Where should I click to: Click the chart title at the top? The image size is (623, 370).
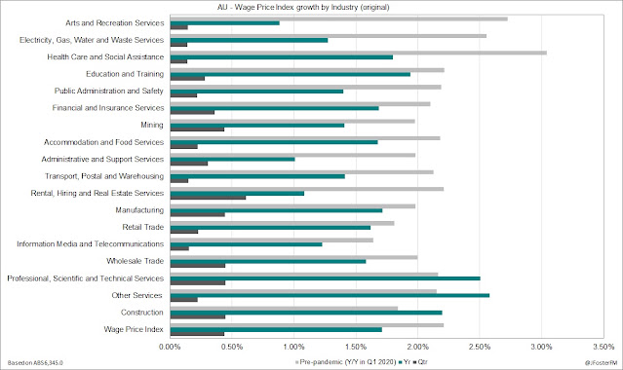[303, 7]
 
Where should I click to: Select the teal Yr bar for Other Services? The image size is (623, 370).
[330, 295]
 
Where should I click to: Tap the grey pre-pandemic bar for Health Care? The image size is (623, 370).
[359, 53]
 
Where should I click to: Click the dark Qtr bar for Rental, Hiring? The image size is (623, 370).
[208, 198]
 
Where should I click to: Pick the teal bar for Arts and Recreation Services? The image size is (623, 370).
[225, 23]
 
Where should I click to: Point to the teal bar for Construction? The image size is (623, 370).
[306, 313]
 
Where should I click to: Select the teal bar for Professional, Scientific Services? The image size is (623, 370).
[325, 278]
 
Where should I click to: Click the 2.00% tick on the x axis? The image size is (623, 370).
[417, 347]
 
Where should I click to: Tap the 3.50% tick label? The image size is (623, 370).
[604, 347]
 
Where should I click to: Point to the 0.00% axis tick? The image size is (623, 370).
[170, 347]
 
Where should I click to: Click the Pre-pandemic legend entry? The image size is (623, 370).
[346, 362]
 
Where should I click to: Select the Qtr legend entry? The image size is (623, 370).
[420, 362]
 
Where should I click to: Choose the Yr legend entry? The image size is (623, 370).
[405, 362]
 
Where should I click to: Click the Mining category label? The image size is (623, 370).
[152, 125]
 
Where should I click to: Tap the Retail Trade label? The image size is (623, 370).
[143, 227]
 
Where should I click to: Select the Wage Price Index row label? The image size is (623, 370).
[134, 329]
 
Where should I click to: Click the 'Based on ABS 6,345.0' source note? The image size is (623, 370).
[35, 363]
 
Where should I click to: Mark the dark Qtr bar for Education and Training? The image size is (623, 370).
[187, 78]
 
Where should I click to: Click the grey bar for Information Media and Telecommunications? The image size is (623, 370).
[272, 240]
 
